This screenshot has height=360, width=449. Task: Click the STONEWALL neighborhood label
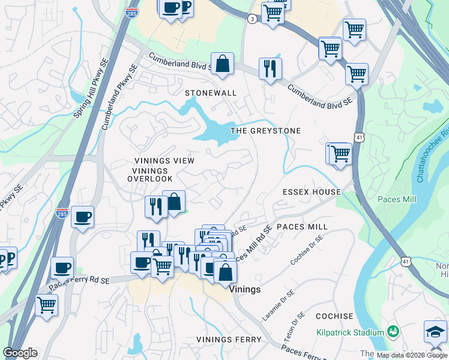[x=211, y=93]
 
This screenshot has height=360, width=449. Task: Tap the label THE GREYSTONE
[x=266, y=130]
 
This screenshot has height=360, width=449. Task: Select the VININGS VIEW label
[x=164, y=161]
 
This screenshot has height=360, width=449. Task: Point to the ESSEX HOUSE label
[x=312, y=192]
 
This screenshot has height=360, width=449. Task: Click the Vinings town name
[x=245, y=289]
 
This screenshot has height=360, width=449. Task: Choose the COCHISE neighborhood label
[x=334, y=316]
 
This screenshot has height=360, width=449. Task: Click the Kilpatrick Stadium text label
[x=351, y=332]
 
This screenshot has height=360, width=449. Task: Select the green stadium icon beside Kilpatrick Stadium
[x=393, y=331]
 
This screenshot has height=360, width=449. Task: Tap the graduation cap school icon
[x=435, y=332]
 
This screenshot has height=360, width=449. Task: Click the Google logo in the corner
[x=20, y=353]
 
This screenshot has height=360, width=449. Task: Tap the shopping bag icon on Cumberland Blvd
[x=222, y=64]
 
